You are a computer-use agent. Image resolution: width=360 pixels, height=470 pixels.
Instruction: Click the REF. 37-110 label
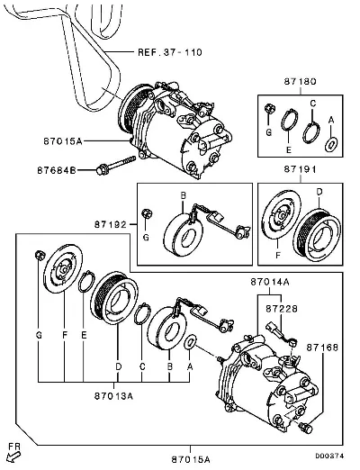click(x=170, y=52)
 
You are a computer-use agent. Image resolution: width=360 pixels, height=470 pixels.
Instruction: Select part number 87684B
click(x=57, y=170)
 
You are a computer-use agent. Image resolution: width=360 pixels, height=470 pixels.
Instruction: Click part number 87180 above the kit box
click(x=300, y=81)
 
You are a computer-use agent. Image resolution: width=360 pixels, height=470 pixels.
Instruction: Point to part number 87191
click(x=300, y=169)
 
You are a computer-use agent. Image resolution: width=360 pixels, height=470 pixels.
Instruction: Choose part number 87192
click(x=111, y=224)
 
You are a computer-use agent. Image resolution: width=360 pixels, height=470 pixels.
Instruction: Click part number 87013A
click(x=113, y=396)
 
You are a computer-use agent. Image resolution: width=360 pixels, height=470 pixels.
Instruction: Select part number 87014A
click(x=270, y=282)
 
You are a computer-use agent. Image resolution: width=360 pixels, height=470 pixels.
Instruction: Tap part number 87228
click(x=282, y=309)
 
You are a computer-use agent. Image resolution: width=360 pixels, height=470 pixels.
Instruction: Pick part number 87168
click(x=322, y=348)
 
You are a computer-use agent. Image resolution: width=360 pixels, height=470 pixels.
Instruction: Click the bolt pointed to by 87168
click(x=306, y=428)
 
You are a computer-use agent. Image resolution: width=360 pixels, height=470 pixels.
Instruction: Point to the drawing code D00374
click(x=329, y=456)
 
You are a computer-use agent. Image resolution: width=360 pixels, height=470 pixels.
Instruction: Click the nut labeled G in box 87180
click(x=270, y=108)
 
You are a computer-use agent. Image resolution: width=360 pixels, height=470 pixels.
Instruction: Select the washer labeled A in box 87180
click(x=331, y=144)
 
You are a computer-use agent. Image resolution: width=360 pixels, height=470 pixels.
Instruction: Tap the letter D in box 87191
click(x=319, y=192)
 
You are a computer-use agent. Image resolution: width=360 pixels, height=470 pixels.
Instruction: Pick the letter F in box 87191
click(x=278, y=256)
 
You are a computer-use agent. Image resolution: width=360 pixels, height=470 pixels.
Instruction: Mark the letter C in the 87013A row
click(x=142, y=366)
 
